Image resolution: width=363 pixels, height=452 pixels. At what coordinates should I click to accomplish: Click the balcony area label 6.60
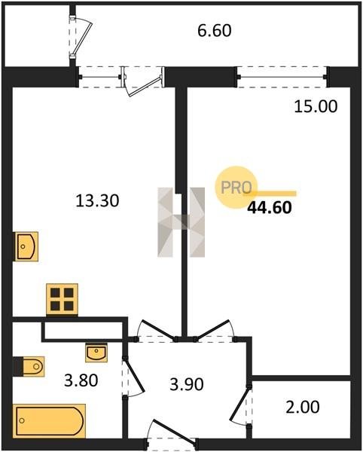pos(215,31)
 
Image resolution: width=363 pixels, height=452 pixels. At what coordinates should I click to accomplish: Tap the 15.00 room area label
pos(316,106)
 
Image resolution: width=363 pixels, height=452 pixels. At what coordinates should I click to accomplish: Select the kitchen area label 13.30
pos(97,200)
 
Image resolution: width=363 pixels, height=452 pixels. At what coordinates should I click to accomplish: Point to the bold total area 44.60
pos(270,207)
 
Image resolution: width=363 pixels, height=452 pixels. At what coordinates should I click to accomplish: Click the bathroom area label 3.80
pos(81,380)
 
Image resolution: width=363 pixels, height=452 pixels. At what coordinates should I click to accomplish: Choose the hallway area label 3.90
pos(187,384)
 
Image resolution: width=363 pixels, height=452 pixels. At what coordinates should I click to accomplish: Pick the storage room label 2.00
pos(303,407)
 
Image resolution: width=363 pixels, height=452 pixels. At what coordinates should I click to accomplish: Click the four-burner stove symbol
pos(62,299)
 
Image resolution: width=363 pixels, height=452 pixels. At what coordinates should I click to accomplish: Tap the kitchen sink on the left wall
pos(26,246)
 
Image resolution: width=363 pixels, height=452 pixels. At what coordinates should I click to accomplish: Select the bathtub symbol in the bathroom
pos(49,421)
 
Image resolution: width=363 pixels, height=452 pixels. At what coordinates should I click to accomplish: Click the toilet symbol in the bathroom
pos(29,366)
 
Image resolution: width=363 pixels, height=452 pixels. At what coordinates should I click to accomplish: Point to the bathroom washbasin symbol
pos(96,353)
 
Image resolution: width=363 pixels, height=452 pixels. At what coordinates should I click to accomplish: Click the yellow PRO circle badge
pos(236,188)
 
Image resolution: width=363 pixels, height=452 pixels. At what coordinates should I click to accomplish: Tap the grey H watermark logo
pos(181,222)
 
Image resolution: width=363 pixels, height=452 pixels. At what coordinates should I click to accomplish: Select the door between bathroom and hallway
pos(135,378)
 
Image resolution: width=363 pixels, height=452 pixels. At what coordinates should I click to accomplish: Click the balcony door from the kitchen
pos(143,81)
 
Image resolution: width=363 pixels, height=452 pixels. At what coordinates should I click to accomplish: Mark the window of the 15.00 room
pos(282,77)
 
